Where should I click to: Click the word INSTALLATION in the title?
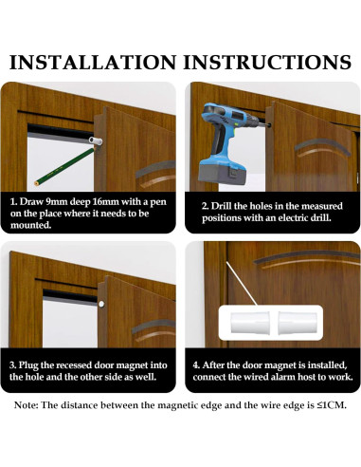tap(93, 62)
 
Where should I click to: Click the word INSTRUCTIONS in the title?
tap(267, 62)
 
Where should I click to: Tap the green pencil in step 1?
tap(64, 166)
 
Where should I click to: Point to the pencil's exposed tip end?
tap(36, 183)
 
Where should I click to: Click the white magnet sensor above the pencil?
tap(96, 141)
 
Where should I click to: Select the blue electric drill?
tap(230, 143)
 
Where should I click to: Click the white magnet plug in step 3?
tap(101, 305)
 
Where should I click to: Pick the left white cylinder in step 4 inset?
tap(250, 323)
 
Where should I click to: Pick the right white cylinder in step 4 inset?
tap(298, 323)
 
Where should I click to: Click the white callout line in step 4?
tap(242, 283)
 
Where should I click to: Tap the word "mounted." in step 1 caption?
tap(30, 225)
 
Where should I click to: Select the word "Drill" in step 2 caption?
tap(221, 206)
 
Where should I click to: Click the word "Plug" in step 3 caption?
tap(28, 365)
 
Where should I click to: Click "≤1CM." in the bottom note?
tap(332, 405)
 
